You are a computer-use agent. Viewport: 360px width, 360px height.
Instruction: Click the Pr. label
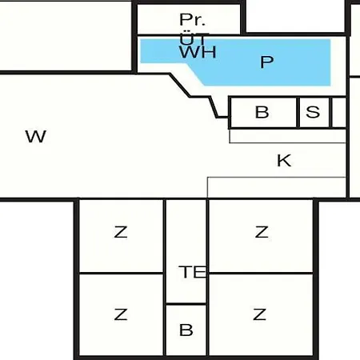click(193, 19)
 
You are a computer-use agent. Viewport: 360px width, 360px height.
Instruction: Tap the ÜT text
click(194, 38)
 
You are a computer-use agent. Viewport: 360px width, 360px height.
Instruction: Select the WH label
click(198, 52)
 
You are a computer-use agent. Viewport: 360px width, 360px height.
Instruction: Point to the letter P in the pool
click(266, 62)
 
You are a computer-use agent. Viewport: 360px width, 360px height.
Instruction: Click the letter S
click(313, 112)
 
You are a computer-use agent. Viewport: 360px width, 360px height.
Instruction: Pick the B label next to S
click(262, 112)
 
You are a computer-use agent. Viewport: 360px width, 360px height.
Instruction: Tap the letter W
click(36, 136)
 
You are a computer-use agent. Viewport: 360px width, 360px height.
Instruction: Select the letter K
click(284, 161)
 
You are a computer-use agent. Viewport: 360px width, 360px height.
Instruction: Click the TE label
click(193, 272)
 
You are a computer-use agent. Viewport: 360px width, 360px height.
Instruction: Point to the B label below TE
click(186, 330)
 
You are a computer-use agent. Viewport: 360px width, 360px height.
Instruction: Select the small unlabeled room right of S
click(339, 113)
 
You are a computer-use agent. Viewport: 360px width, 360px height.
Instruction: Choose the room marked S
click(314, 113)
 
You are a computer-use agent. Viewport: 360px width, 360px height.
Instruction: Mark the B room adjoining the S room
click(264, 113)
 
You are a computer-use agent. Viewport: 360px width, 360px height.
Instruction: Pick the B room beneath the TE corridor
click(186, 330)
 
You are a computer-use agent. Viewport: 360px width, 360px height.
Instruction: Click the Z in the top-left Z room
click(121, 232)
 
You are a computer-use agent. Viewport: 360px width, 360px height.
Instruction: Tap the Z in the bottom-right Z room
click(260, 314)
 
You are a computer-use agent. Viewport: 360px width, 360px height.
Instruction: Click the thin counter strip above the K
click(288, 136)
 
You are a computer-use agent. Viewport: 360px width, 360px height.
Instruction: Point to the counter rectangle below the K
click(277, 187)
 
